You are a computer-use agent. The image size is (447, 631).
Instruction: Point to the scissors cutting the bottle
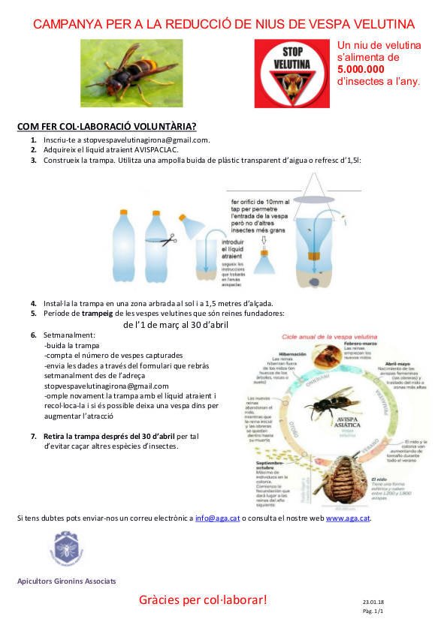point(169,239)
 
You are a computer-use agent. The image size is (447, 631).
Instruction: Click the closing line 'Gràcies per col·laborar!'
point(203,599)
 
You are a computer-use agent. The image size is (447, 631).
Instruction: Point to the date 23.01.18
point(373,602)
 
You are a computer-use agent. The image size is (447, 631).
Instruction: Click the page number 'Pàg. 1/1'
point(373,612)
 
